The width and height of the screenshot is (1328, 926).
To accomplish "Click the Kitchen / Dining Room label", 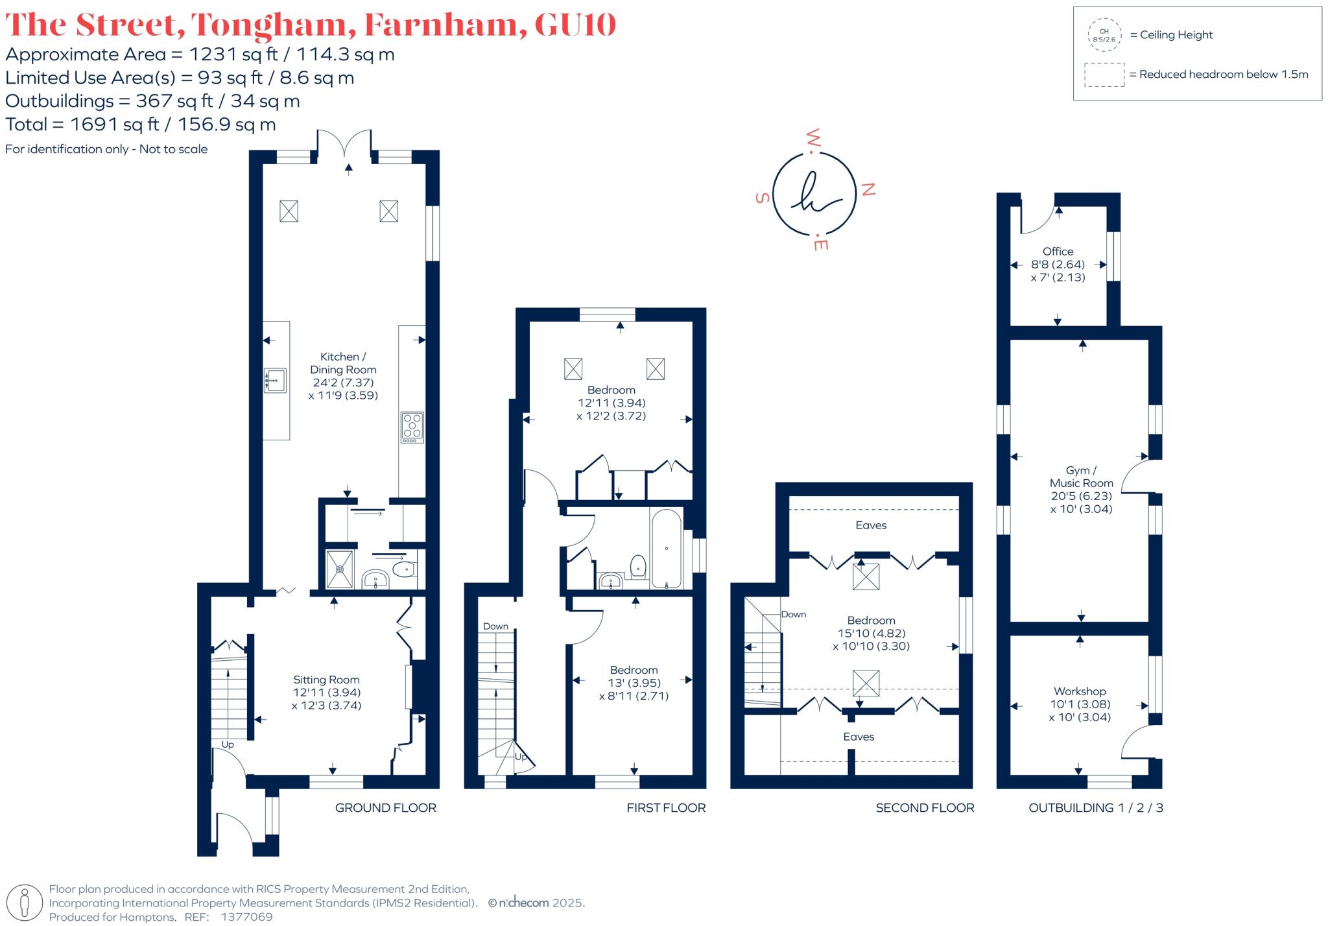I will [343, 363].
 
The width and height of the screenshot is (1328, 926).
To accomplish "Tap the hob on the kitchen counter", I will [412, 427].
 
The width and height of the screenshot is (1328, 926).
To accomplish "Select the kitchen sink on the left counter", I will [276, 380].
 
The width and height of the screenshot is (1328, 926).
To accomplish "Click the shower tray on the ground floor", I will [339, 569].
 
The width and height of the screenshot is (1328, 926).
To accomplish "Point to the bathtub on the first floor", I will [666, 549].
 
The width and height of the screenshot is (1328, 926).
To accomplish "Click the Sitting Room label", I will [326, 680].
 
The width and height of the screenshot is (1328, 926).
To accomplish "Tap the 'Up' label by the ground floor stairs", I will [228, 744].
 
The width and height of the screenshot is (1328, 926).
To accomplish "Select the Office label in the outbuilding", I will [1058, 252].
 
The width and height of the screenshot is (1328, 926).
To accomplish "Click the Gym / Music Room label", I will [1081, 477].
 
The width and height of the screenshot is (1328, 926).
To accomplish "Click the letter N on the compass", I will [868, 189].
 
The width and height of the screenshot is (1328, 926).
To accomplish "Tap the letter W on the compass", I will [814, 138].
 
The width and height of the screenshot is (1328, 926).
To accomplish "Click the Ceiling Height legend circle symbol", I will [1104, 35].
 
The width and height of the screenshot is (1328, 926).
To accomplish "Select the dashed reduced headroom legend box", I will [1104, 75].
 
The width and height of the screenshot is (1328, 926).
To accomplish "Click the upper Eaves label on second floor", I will [871, 525].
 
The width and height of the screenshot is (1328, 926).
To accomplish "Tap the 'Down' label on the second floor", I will [793, 614].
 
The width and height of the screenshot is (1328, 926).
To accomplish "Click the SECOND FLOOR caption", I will [925, 808].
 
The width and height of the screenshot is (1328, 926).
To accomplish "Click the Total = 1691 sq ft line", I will [141, 125].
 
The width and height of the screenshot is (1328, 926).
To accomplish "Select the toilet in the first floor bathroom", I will [638, 567].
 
